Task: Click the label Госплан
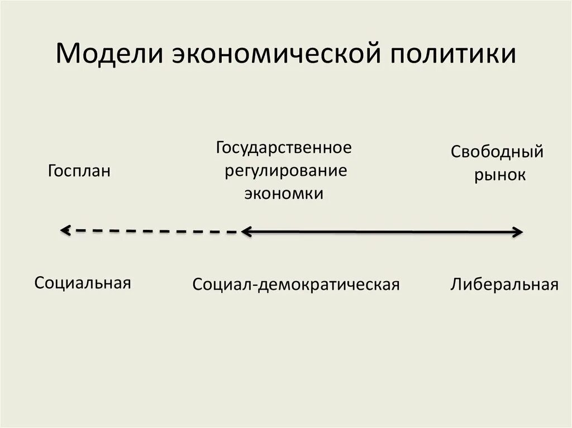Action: pyautogui.click(x=79, y=171)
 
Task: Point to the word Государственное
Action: pyautogui.click(x=284, y=148)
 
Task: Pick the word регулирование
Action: pyautogui.click(x=286, y=171)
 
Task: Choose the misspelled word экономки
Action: pyautogui.click(x=283, y=193)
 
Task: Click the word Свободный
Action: pyautogui.click(x=497, y=152)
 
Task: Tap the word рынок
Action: pyautogui.click(x=500, y=175)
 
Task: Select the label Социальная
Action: pyautogui.click(x=83, y=282)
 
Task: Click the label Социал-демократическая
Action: pyautogui.click(x=296, y=285)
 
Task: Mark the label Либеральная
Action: pyautogui.click(x=504, y=285)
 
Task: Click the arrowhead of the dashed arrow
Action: pyautogui.click(x=65, y=229)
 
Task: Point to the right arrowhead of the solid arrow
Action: pyautogui.click(x=518, y=232)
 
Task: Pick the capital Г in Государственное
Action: pyautogui.click(x=221, y=148)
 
